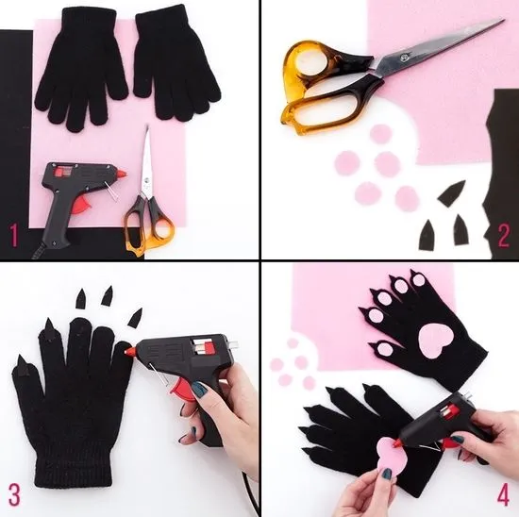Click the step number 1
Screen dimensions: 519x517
(x=13, y=235)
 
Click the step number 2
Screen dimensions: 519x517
(x=504, y=235)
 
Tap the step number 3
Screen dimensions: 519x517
(x=14, y=494)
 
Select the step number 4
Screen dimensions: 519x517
(x=503, y=494)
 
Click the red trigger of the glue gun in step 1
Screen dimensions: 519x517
(x=82, y=206)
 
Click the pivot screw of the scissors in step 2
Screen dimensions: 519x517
(x=404, y=58)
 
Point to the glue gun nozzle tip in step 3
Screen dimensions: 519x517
(x=126, y=352)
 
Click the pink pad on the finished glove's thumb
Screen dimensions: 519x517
(x=384, y=348)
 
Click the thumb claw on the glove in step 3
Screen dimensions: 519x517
(x=23, y=365)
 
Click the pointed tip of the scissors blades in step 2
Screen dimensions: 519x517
(x=504, y=20)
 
